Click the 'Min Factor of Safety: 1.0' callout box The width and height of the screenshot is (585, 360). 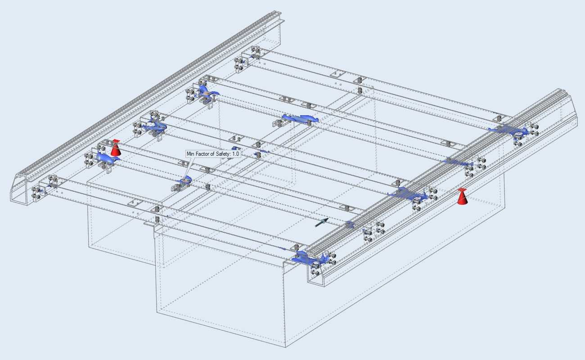[x=213, y=154]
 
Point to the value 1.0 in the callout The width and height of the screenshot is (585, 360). [x=235, y=154]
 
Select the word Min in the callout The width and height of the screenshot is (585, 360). [x=191, y=154]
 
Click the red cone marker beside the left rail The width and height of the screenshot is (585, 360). [x=116, y=148]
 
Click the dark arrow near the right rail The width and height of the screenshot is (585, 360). [x=321, y=223]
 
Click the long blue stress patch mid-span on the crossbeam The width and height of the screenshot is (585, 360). [x=300, y=118]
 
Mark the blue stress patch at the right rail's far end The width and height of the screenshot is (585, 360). [x=508, y=130]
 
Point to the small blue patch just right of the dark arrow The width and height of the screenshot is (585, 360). [x=349, y=225]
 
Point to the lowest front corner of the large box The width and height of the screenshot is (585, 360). [x=285, y=347]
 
